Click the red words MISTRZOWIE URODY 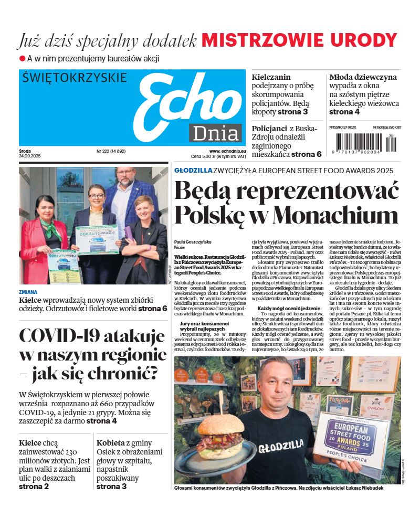299,40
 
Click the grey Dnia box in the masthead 216,133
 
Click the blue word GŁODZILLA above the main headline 193,171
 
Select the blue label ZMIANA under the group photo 28,292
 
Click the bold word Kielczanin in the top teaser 271,77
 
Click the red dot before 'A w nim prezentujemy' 23,59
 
